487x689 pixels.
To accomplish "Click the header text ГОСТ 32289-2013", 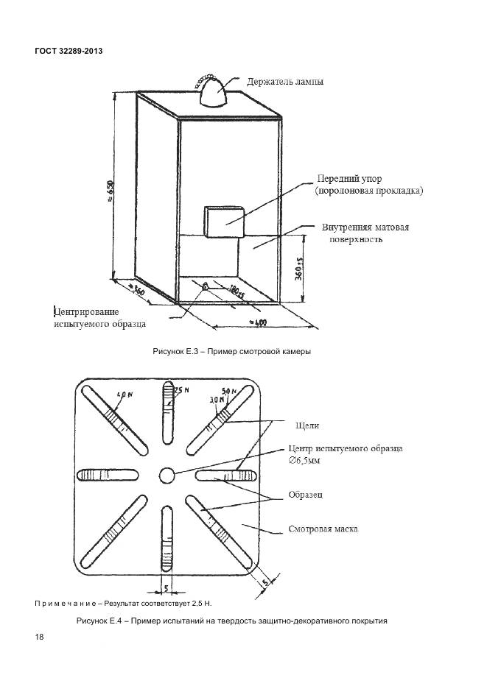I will pyautogui.click(x=68, y=52).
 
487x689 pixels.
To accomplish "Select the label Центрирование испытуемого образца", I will pyautogui.click(x=99, y=317).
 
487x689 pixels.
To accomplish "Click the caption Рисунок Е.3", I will pyautogui.click(x=231, y=351).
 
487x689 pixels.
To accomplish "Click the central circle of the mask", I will pyautogui.click(x=167, y=475).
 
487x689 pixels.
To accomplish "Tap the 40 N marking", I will pyautogui.click(x=125, y=395).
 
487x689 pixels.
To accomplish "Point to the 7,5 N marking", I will pyautogui.click(x=179, y=389).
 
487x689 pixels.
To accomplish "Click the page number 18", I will pyautogui.click(x=38, y=637).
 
